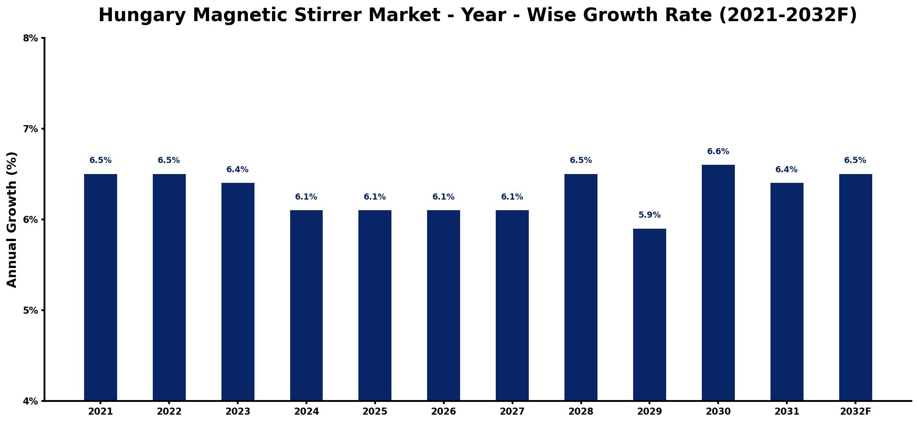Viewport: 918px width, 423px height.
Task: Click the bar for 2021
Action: [x=100, y=287]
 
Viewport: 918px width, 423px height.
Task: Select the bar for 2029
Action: [x=649, y=315]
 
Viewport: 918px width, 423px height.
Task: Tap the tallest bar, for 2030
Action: [x=718, y=282]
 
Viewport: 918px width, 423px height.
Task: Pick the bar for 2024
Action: [x=306, y=305]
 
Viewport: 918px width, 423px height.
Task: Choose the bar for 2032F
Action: [x=855, y=287]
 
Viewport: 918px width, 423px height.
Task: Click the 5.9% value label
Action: [x=649, y=215]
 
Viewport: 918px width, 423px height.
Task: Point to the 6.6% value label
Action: [x=718, y=152]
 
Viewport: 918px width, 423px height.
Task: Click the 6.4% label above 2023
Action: [x=237, y=170]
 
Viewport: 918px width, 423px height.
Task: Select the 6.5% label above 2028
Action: [x=581, y=160]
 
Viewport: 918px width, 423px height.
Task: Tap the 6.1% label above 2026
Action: [x=443, y=197]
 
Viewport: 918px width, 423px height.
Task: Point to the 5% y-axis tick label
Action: [x=30, y=310]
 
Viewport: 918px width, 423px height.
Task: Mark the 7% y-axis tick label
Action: [x=30, y=129]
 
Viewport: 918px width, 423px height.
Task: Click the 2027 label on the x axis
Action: [x=512, y=412]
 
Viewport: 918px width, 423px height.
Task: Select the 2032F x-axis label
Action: [x=855, y=412]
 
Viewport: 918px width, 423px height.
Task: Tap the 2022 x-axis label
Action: [x=169, y=412]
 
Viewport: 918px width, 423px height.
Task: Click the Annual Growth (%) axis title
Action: [x=12, y=219]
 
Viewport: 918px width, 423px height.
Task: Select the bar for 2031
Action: [x=787, y=292]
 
